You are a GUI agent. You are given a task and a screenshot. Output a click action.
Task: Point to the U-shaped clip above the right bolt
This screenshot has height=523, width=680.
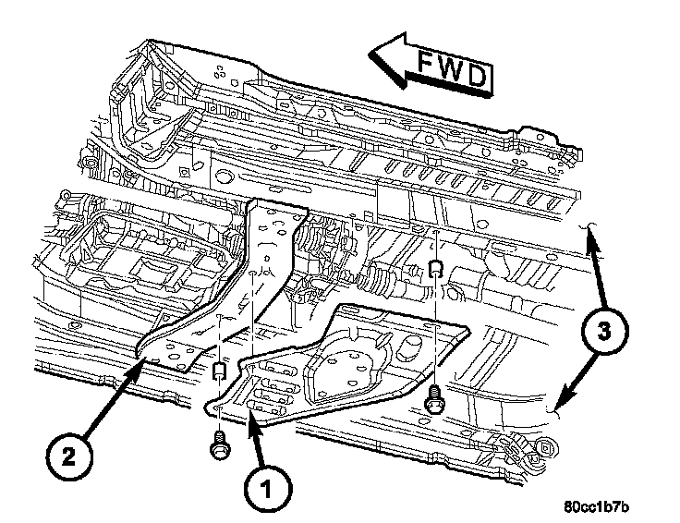(434, 269)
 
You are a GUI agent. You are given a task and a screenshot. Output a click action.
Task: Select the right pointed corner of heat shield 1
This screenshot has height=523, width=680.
(467, 327)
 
